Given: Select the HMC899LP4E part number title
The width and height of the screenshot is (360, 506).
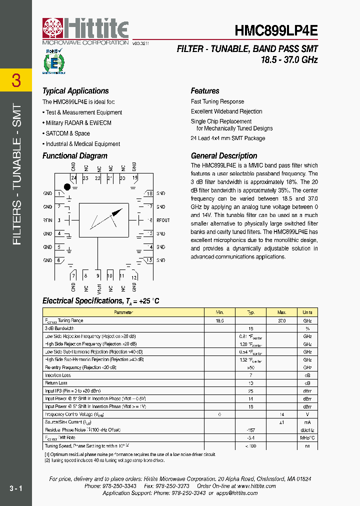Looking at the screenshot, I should pos(276,30).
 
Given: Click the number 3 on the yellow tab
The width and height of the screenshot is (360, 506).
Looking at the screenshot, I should pos(16,80).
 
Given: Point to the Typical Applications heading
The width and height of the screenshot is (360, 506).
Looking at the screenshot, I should pos(75,91).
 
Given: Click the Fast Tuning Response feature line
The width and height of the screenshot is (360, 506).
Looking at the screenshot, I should pos(217,101).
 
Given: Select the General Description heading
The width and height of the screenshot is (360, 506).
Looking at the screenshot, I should pos(224,155).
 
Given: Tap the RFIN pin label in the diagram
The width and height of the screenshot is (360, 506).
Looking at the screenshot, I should pos(47,220).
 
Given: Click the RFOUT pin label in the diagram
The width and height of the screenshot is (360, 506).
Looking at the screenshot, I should pos(163,220).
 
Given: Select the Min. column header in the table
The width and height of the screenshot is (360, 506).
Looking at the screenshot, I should pos(219,312).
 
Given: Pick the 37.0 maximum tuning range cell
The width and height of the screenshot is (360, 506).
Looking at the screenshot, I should pos(281,320).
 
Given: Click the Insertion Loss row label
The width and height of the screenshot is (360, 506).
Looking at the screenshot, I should pos(58,375).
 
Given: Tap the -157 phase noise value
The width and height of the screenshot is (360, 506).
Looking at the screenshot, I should pos(251,430).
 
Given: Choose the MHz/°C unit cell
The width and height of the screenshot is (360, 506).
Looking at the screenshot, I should pos(307,438).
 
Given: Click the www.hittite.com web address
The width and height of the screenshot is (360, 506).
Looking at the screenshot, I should pos(256,486).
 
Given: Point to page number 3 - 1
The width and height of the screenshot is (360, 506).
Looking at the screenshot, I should pos(15,487).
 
